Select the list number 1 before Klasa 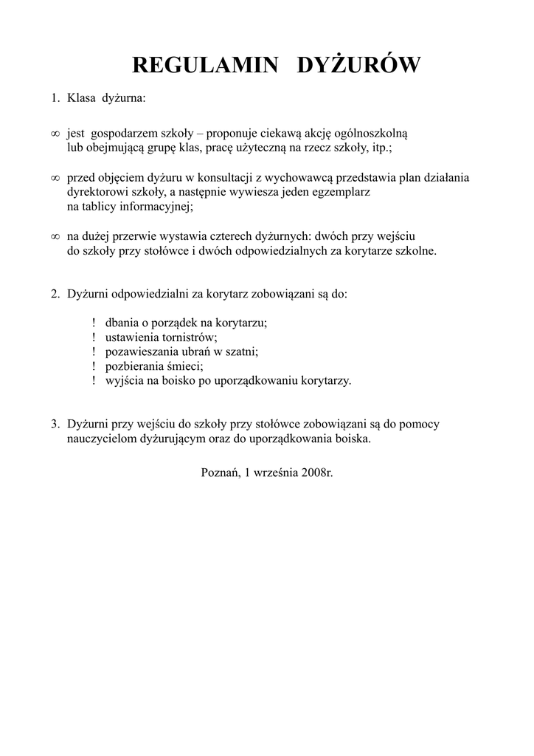[54, 97]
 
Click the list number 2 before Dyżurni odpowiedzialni [54, 294]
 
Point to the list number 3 [54, 424]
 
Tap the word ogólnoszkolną [376, 134]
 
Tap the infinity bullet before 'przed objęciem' [55, 178]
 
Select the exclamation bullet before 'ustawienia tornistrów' [94, 337]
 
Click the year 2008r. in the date [317, 472]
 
